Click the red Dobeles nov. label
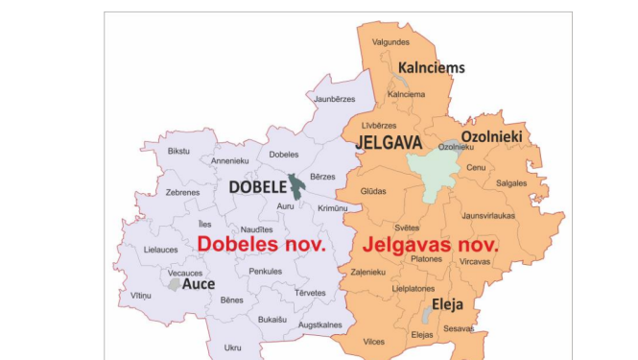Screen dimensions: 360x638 click(x=262, y=244)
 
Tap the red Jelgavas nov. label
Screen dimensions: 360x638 click(x=431, y=244)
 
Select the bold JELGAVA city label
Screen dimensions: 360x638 click(x=389, y=142)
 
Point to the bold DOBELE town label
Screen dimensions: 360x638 click(x=257, y=187)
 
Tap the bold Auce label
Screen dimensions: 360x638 click(x=199, y=284)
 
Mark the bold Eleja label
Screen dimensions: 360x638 click(x=447, y=304)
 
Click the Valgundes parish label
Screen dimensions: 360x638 click(x=390, y=42)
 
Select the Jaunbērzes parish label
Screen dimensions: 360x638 click(x=336, y=99)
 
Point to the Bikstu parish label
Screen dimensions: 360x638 click(x=178, y=151)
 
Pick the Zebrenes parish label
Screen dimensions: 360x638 click(x=182, y=192)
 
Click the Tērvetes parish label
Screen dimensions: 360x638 click(x=310, y=293)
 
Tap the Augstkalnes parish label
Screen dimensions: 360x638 click(x=320, y=325)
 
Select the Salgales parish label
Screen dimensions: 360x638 click(x=511, y=182)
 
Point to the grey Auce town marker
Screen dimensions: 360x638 click(x=174, y=284)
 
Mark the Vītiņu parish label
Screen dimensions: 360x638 click(x=141, y=295)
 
